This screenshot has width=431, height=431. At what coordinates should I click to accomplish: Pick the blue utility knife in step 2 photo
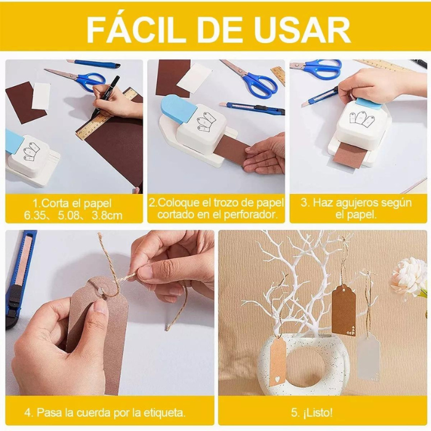[x=252, y=108]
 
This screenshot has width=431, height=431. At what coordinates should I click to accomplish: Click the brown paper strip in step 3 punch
[x=348, y=155]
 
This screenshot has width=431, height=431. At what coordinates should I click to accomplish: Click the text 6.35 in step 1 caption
[x=34, y=216]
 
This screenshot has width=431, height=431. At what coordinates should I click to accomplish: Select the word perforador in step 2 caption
[x=250, y=215]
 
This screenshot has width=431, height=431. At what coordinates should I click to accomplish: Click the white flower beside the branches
[x=409, y=277]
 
